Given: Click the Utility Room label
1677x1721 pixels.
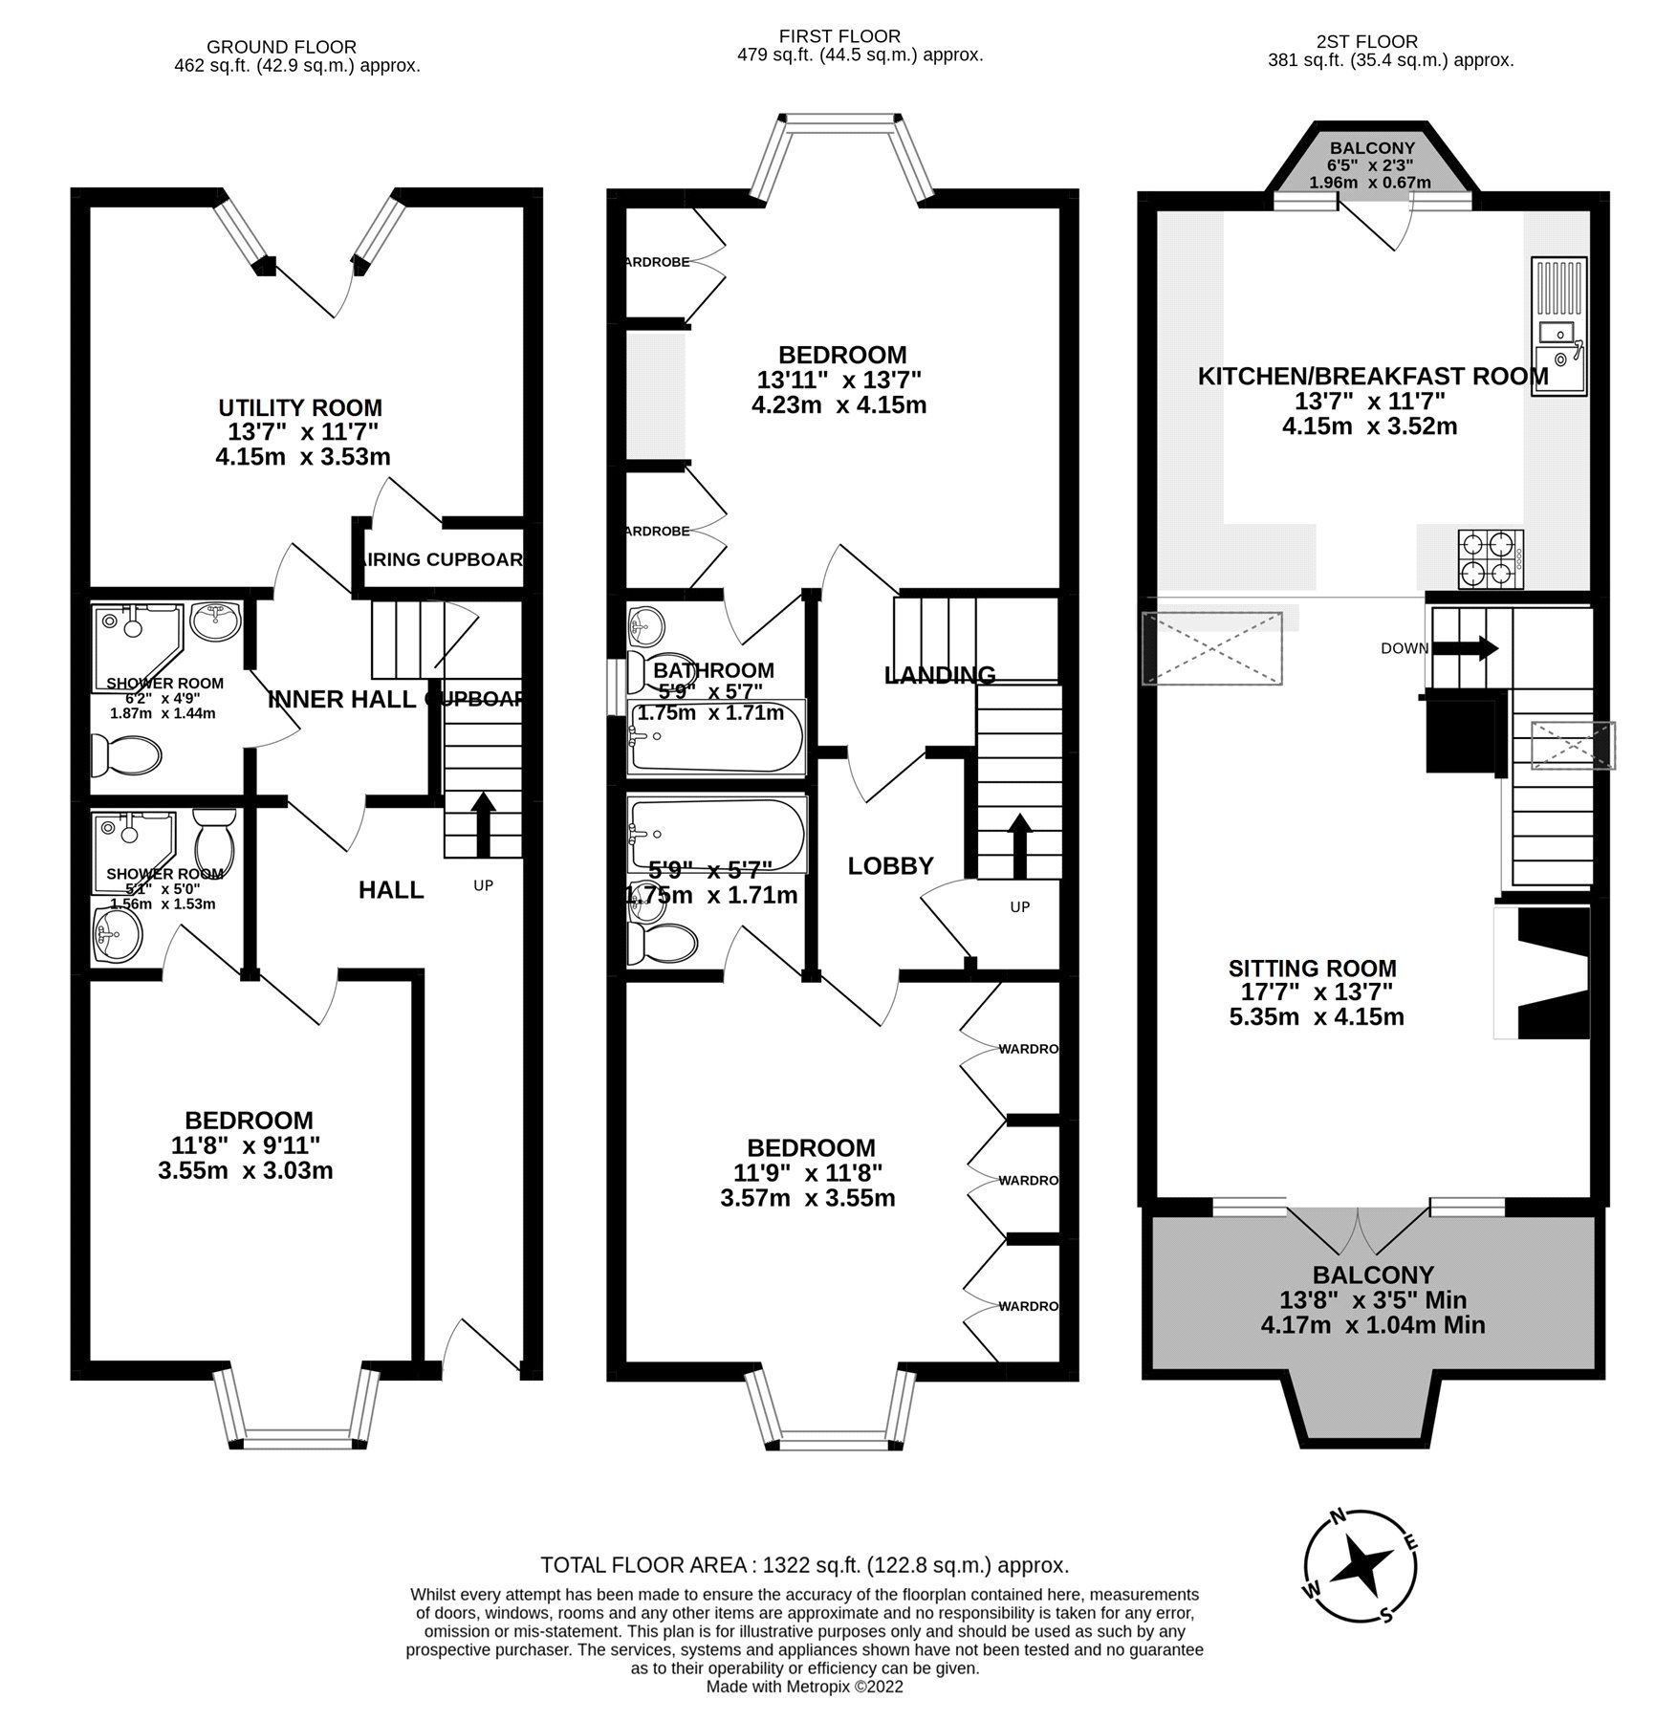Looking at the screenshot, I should [x=300, y=408].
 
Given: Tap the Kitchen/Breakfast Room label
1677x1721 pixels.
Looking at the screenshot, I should [x=1372, y=377].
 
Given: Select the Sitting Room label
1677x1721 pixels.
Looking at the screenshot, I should [x=1312, y=969].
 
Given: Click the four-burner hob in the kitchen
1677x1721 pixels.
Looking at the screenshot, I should [x=1490, y=560].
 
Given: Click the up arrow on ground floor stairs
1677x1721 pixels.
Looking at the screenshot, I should [x=482, y=822].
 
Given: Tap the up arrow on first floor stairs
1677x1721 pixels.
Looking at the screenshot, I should [x=1019, y=844].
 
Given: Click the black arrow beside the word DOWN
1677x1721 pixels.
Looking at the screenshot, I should [x=1476, y=648].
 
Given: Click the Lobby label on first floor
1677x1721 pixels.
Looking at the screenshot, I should [x=890, y=866].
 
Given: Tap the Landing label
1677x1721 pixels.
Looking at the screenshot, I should [x=939, y=675].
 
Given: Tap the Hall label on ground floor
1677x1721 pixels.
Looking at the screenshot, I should [x=391, y=890].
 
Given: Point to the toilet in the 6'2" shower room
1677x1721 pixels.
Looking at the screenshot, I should [x=126, y=756].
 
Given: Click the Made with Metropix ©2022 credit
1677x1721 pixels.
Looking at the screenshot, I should [x=804, y=1687].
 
